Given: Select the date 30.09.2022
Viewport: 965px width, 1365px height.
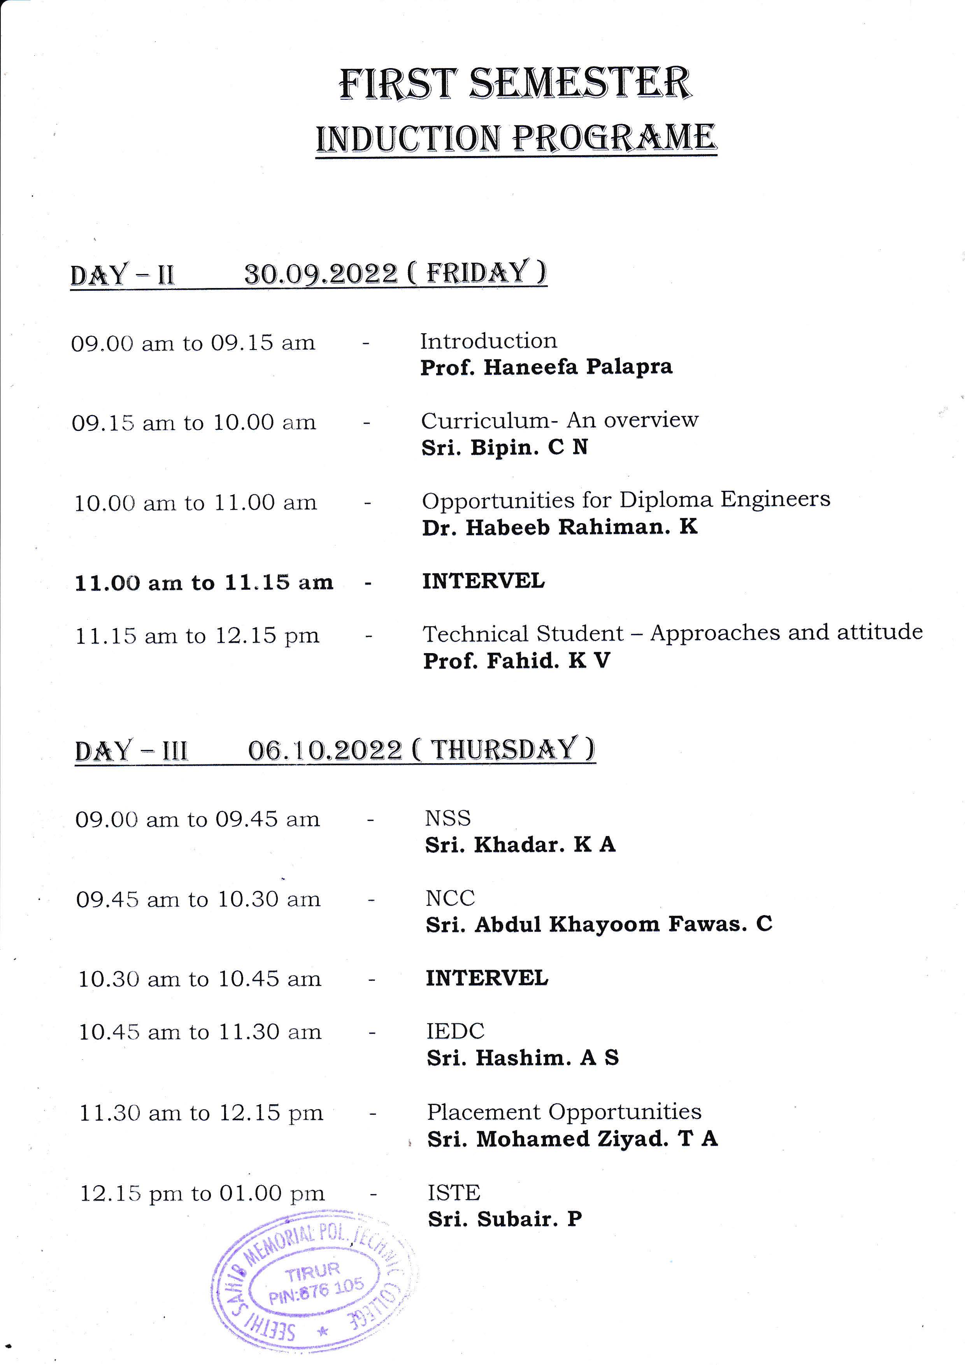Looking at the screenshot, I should [321, 274].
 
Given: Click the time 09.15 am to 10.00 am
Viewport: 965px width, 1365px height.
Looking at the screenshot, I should [194, 423].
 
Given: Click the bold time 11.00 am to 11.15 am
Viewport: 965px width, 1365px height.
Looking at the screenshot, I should [204, 583].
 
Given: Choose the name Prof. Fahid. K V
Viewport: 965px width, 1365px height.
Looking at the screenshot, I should [516, 661].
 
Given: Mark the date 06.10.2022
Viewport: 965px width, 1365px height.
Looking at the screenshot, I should [325, 750].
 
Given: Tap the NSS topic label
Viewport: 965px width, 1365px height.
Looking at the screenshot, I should [447, 818].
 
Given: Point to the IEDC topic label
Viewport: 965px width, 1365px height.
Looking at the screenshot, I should [455, 1031].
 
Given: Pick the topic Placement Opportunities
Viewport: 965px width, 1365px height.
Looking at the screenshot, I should [564, 1112].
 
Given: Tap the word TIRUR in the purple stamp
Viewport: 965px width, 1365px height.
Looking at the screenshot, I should [312, 1272].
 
